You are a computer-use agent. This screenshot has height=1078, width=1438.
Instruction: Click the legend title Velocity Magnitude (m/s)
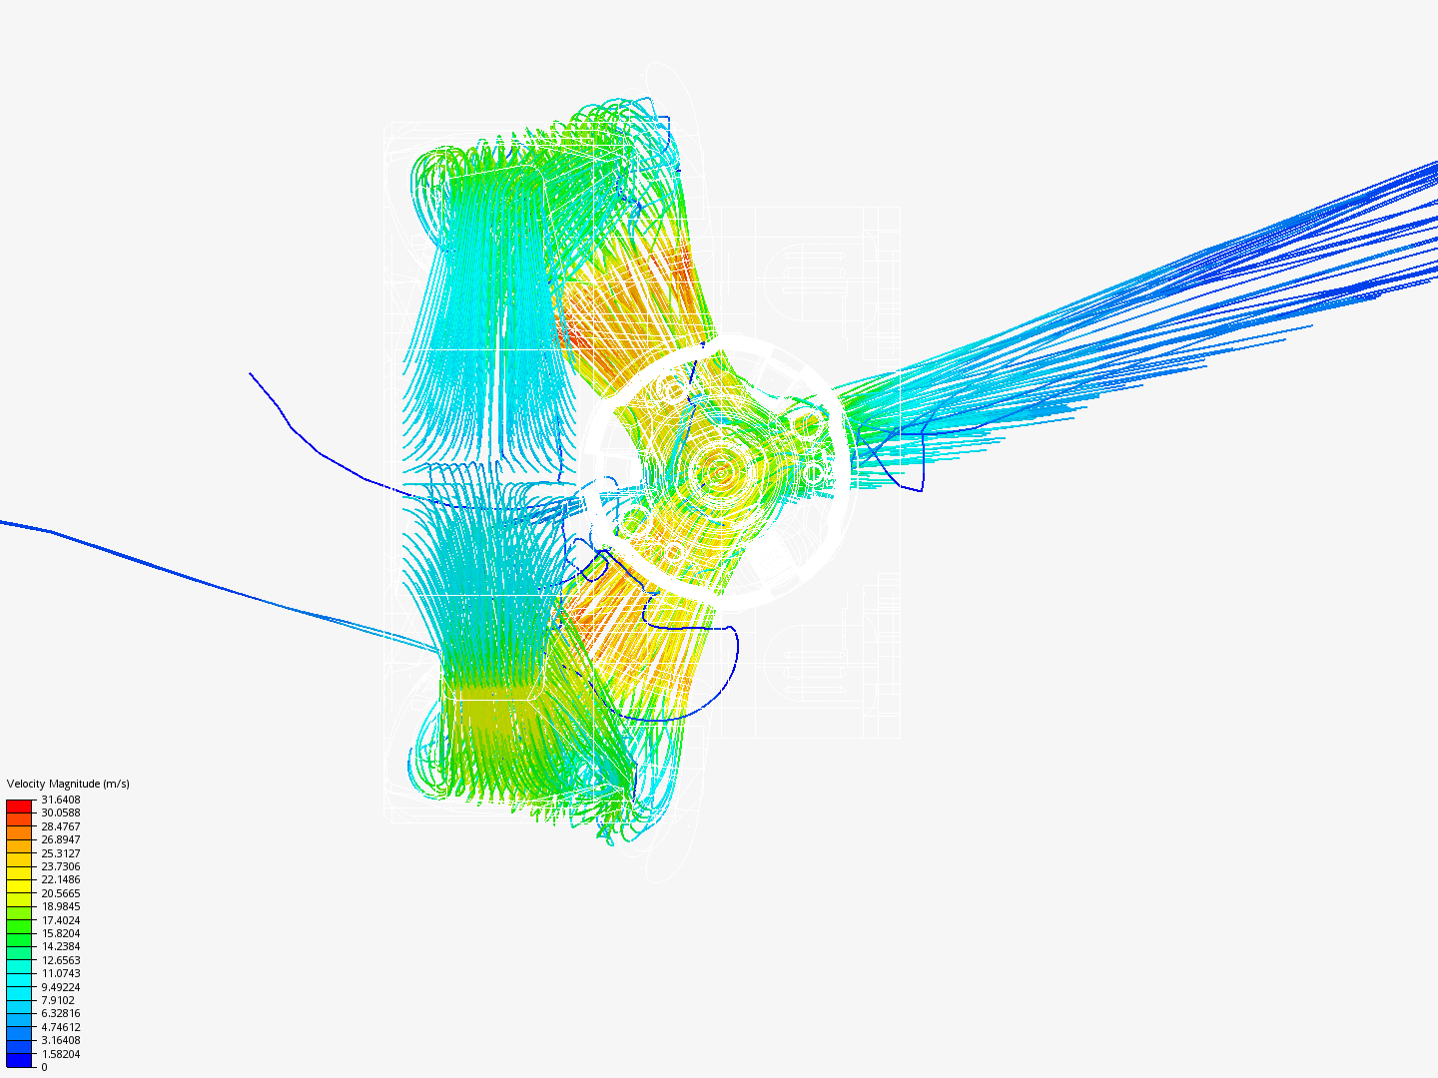click(x=68, y=784)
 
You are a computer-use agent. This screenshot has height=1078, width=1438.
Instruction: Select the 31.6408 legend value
click(x=60, y=800)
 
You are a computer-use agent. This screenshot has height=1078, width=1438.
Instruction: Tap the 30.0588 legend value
click(x=60, y=812)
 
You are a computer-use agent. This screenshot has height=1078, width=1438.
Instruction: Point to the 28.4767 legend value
click(x=60, y=826)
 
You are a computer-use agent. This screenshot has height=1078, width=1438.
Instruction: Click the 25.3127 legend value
click(x=60, y=853)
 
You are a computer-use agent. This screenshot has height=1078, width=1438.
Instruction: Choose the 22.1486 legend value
click(x=60, y=879)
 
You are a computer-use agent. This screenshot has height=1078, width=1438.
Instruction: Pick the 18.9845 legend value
click(x=60, y=906)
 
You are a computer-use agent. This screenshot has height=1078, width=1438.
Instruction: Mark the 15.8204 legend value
click(x=60, y=933)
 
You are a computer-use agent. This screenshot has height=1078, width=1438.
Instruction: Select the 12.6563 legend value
click(x=60, y=960)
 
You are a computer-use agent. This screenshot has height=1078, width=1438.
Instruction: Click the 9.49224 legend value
click(x=60, y=987)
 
